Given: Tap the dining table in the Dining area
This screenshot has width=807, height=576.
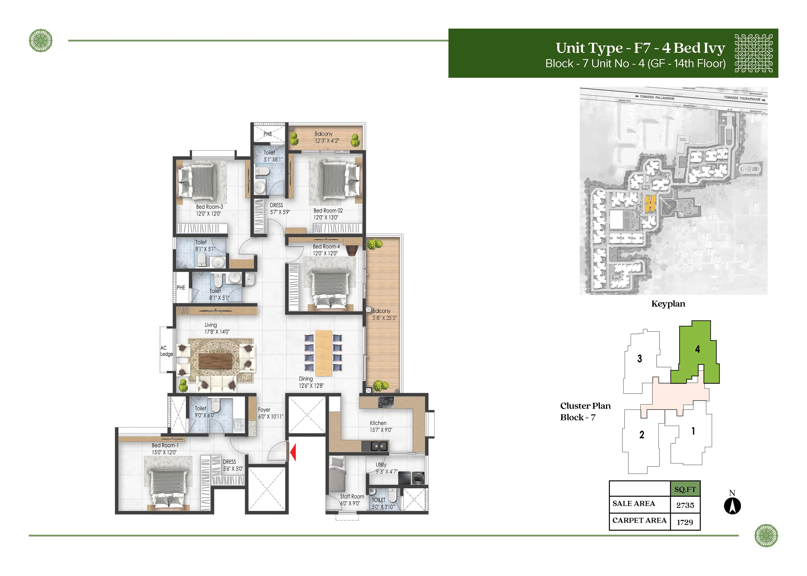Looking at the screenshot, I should click(x=323, y=353).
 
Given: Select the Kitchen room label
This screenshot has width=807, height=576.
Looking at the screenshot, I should click(x=378, y=423).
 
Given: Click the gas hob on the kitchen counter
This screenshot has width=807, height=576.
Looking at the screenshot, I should click(x=386, y=402).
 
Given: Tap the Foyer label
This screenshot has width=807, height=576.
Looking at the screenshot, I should click(x=264, y=410).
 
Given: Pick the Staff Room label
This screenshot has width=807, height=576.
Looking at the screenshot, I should click(x=352, y=497).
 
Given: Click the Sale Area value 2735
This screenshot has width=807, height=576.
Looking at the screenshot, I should click(x=685, y=505).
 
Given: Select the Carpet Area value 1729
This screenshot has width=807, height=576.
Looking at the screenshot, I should click(x=685, y=522).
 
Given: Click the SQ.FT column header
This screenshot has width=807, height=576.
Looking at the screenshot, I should click(x=685, y=489).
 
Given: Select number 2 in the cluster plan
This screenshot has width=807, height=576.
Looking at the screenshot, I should click(x=642, y=435).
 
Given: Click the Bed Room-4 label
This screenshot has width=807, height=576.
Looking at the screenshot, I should click(x=326, y=247).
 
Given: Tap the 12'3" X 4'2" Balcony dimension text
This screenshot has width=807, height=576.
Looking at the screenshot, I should click(x=327, y=141).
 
